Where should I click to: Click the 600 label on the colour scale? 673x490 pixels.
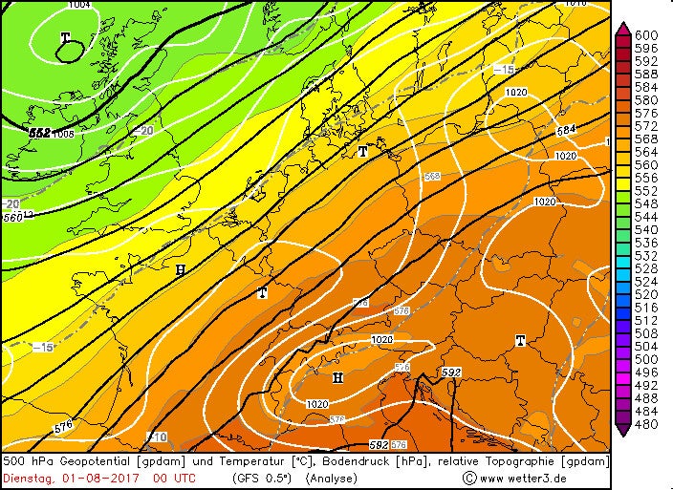(647, 35)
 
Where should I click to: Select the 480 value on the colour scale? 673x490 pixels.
(647, 424)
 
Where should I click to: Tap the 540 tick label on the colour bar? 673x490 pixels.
(647, 230)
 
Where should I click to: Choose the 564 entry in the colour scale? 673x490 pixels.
(647, 152)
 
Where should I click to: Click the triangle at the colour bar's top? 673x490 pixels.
(622, 29)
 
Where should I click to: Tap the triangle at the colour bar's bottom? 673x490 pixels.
(622, 431)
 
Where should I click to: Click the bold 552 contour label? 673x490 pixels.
(40, 133)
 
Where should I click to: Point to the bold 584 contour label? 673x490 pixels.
(566, 130)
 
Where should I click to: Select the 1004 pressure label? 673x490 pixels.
(80, 5)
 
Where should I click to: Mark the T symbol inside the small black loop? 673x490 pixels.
(66, 39)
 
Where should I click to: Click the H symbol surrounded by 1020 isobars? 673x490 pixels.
(336, 378)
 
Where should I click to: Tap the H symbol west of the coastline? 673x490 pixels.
(180, 270)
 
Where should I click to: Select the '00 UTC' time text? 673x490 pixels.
(173, 478)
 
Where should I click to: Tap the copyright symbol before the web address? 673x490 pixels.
(469, 478)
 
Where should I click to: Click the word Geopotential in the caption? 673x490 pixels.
(96, 461)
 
